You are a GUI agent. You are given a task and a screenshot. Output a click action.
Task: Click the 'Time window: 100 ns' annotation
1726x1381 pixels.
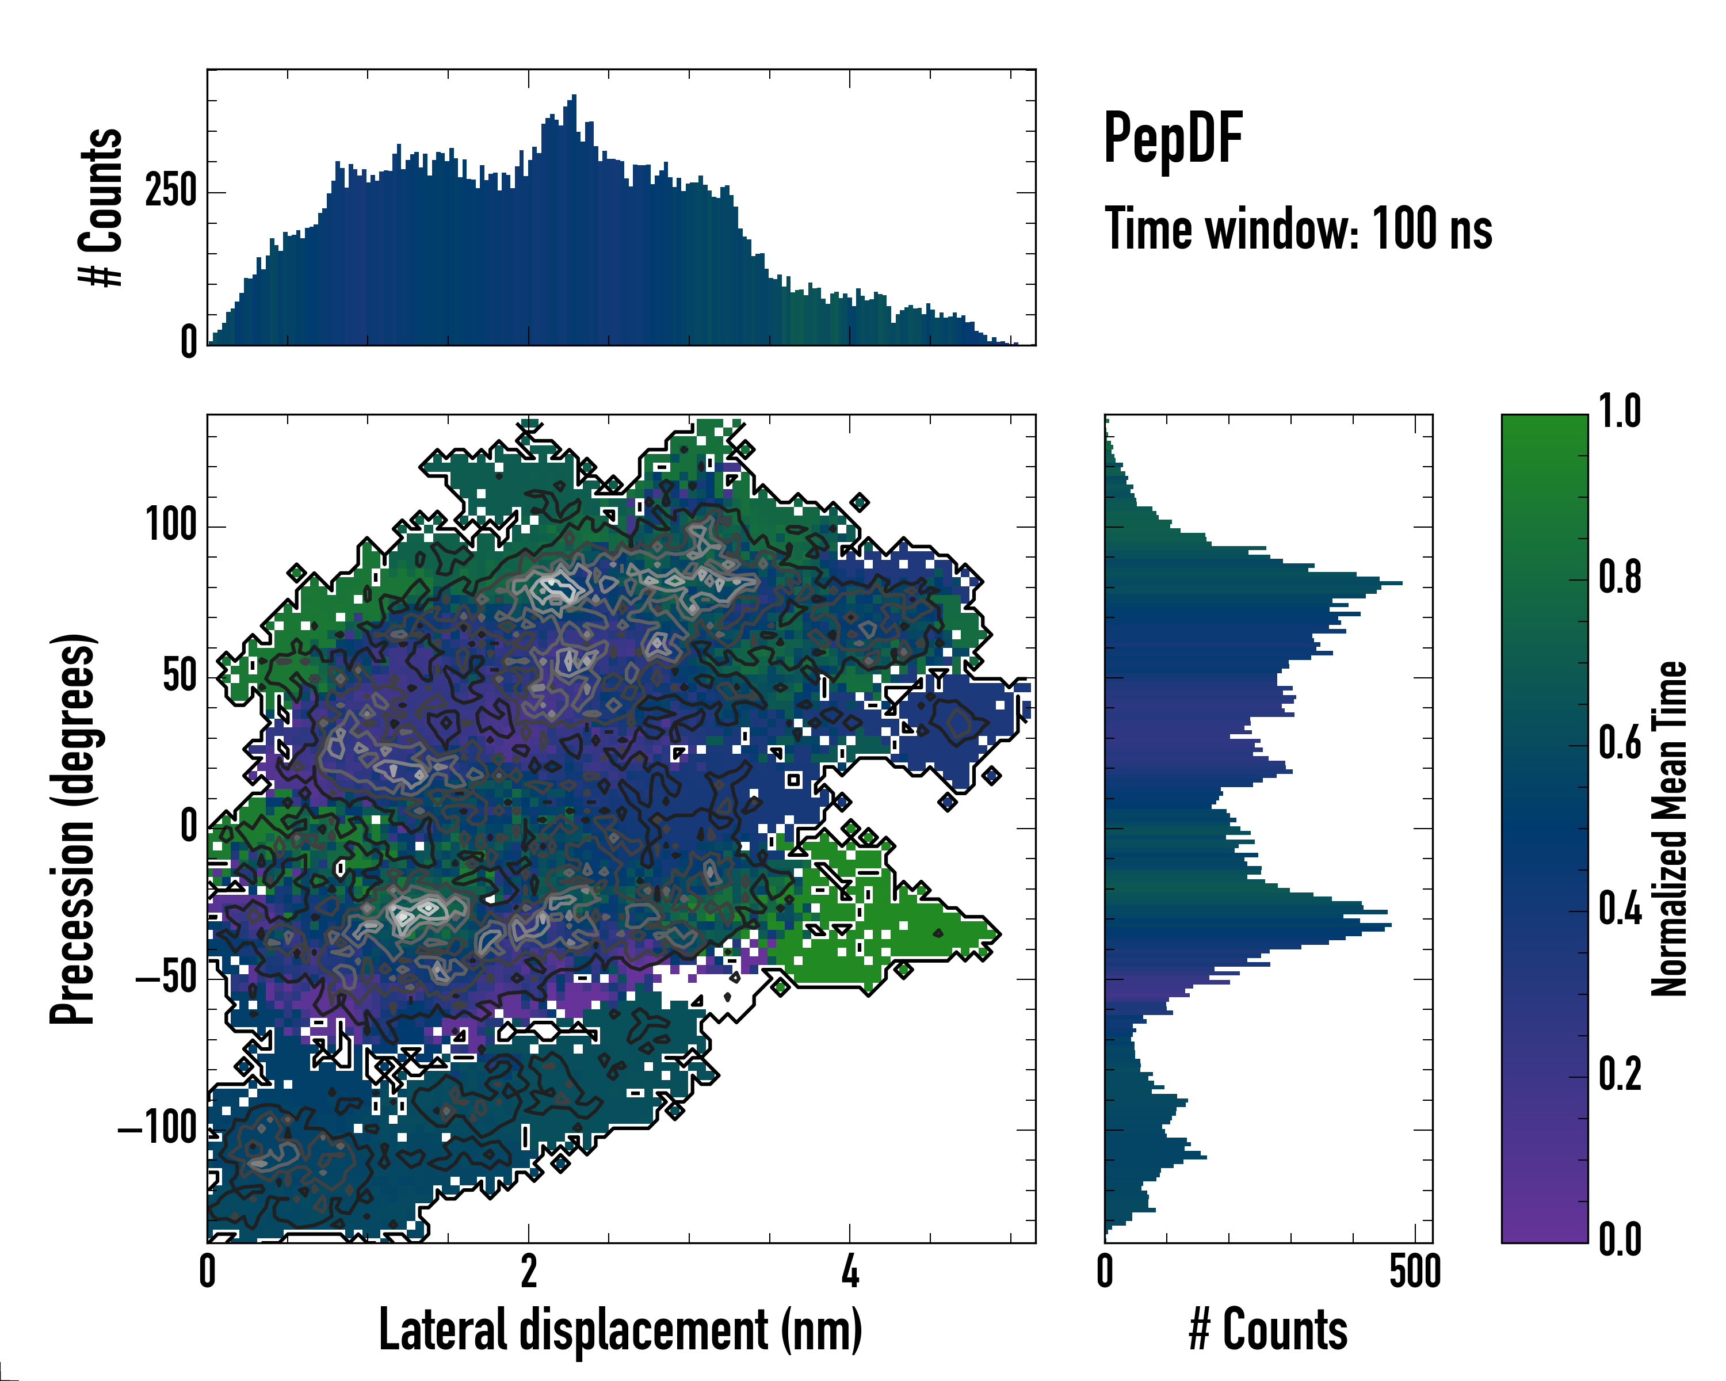(1298, 229)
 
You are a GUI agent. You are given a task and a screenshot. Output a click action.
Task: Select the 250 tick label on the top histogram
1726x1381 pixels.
(170, 192)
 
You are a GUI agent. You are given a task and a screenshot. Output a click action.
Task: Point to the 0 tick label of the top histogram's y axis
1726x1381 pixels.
(189, 342)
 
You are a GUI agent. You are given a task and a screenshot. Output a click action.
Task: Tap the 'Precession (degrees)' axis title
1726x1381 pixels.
(74, 828)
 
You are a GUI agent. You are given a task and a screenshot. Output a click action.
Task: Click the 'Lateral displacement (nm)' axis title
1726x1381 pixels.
(620, 1329)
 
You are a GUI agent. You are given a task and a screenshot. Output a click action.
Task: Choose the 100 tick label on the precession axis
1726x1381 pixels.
(170, 526)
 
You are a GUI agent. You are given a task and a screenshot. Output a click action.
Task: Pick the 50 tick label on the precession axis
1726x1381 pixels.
(180, 677)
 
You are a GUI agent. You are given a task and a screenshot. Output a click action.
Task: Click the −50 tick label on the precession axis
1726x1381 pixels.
(166, 978)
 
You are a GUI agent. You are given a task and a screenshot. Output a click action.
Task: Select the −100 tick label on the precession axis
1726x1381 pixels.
(157, 1129)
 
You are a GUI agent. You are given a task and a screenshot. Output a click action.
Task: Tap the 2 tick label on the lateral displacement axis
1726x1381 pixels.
(528, 1271)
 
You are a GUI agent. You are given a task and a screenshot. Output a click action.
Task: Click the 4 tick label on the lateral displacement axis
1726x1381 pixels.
(850, 1271)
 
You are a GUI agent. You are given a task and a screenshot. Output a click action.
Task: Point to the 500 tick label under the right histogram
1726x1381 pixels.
(1415, 1271)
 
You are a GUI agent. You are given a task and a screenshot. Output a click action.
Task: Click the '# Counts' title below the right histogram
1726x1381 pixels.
(1268, 1329)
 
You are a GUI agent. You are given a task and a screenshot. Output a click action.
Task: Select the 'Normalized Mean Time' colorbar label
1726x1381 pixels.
(1669, 828)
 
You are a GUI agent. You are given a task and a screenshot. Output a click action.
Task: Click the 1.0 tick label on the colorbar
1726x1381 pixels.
(1620, 413)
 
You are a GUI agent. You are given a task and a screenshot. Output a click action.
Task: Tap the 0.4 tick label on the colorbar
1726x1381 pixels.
(1620, 910)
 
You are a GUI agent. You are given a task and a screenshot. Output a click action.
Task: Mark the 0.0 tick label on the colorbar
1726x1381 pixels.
(1620, 1240)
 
